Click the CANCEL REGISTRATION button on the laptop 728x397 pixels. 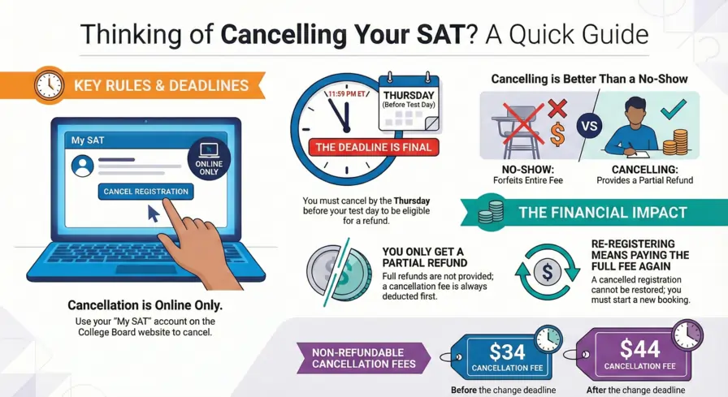point(145,192)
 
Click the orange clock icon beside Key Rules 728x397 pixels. point(50,85)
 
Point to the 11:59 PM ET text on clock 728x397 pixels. point(346,93)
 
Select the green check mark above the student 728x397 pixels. point(674,108)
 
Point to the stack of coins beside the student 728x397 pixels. point(674,141)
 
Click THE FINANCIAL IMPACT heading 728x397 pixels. point(602,214)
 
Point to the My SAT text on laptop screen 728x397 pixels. point(88,140)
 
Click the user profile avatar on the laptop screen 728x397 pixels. point(81,166)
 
